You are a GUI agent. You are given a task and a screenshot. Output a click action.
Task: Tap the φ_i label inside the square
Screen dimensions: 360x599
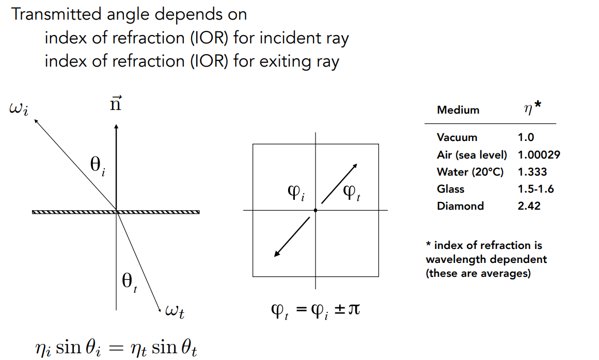click(x=296, y=193)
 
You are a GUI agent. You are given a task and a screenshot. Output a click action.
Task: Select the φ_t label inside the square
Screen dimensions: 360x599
click(x=353, y=194)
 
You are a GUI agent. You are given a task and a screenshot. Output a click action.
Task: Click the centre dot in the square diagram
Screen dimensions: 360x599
click(x=315, y=210)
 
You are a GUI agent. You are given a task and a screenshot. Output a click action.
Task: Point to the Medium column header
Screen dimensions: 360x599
click(x=458, y=110)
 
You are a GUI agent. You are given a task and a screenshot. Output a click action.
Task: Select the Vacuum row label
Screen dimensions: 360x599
click(x=456, y=137)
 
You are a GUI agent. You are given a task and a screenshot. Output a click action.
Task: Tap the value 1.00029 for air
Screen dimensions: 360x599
click(x=539, y=154)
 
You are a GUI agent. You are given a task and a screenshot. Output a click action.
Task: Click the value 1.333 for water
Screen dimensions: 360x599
click(x=532, y=171)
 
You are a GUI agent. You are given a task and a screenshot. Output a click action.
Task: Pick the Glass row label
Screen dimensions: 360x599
click(x=450, y=189)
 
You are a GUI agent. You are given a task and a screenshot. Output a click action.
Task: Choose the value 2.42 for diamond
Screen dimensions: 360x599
click(x=529, y=206)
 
